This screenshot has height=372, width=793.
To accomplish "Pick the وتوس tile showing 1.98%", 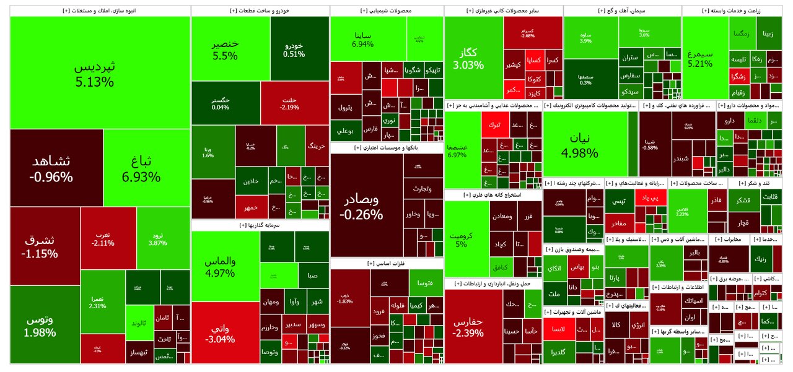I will (40, 325).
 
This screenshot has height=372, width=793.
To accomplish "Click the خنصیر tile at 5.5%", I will (225, 50).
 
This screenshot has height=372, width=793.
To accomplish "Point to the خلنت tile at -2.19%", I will (289, 103).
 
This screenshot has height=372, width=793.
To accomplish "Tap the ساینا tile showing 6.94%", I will (362, 38).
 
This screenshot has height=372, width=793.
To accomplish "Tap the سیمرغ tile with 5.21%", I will (704, 58).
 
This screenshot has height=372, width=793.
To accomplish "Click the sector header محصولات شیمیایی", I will (387, 11).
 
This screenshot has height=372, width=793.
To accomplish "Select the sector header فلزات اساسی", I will (387, 263).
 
